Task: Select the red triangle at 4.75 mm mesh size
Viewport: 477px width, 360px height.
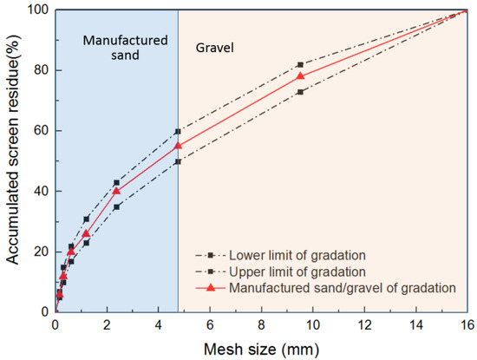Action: tap(178, 146)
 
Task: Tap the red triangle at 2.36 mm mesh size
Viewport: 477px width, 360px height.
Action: tap(116, 191)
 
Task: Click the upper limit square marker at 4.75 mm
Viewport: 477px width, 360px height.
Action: tap(178, 131)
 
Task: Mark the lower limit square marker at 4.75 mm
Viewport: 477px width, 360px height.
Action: tap(178, 161)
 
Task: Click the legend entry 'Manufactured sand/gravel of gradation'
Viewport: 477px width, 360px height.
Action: tap(338, 285)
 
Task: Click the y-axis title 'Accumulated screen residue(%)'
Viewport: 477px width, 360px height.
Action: tap(12, 160)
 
